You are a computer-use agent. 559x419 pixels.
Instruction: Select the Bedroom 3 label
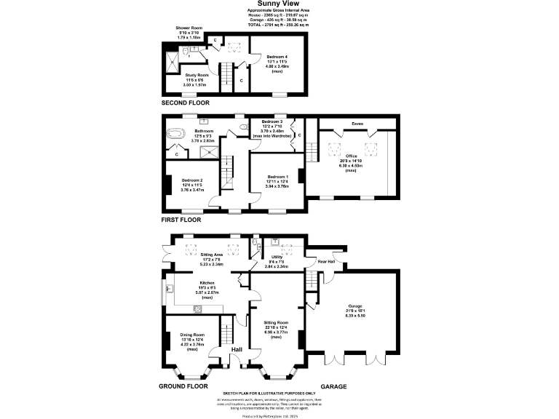tap(271, 123)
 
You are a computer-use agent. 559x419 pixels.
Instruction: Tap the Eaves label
tap(357, 124)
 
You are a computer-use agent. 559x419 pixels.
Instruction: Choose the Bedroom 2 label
tap(192, 183)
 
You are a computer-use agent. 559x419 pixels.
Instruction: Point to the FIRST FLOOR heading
tap(181, 219)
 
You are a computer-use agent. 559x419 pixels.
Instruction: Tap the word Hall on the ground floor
tap(237, 350)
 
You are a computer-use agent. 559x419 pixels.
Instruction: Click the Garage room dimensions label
tap(356, 314)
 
